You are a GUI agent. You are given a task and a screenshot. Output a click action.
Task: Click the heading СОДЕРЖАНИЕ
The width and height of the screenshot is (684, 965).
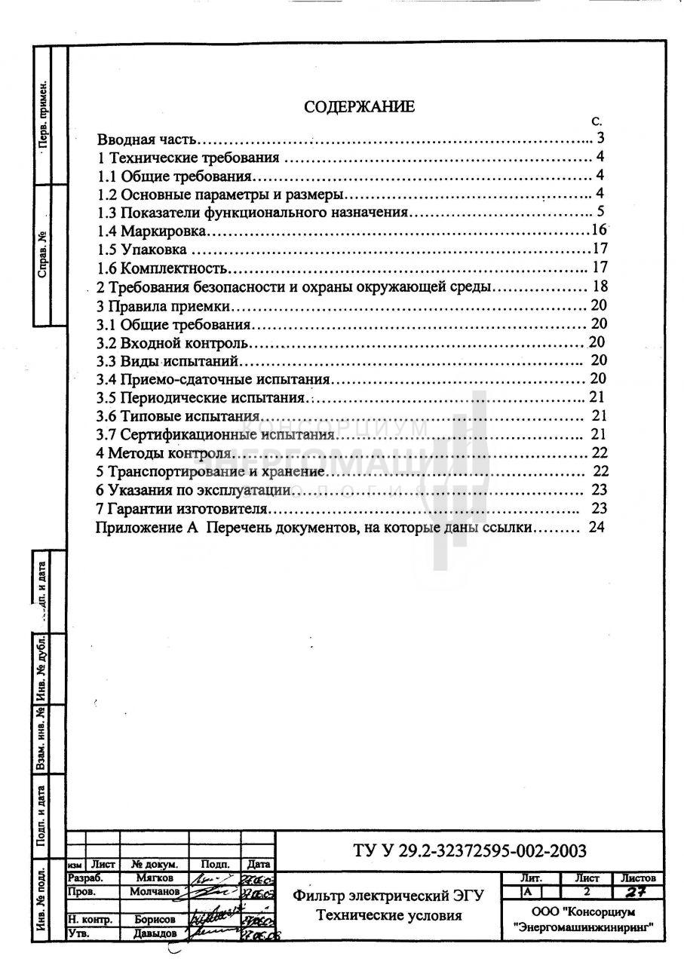(359, 106)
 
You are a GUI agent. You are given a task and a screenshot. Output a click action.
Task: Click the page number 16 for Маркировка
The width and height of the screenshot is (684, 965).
(600, 230)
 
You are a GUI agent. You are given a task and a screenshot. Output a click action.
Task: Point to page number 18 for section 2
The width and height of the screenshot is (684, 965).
(600, 286)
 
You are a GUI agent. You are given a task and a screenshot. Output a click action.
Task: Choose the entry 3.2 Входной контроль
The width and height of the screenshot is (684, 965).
(173, 343)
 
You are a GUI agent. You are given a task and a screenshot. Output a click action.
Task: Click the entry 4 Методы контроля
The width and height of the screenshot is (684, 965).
(163, 453)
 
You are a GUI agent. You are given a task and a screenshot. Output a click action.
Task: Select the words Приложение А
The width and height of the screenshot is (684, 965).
(146, 528)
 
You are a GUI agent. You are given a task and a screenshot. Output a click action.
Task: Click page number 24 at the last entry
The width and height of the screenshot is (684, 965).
(596, 528)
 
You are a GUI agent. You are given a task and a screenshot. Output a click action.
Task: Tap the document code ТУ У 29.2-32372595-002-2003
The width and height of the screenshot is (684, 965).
(469, 851)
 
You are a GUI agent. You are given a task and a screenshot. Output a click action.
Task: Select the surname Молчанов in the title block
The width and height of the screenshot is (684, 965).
(154, 892)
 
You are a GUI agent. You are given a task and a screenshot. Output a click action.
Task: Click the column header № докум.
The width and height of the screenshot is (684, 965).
(154, 864)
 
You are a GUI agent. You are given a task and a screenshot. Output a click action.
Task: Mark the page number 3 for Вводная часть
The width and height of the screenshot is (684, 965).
(601, 139)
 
